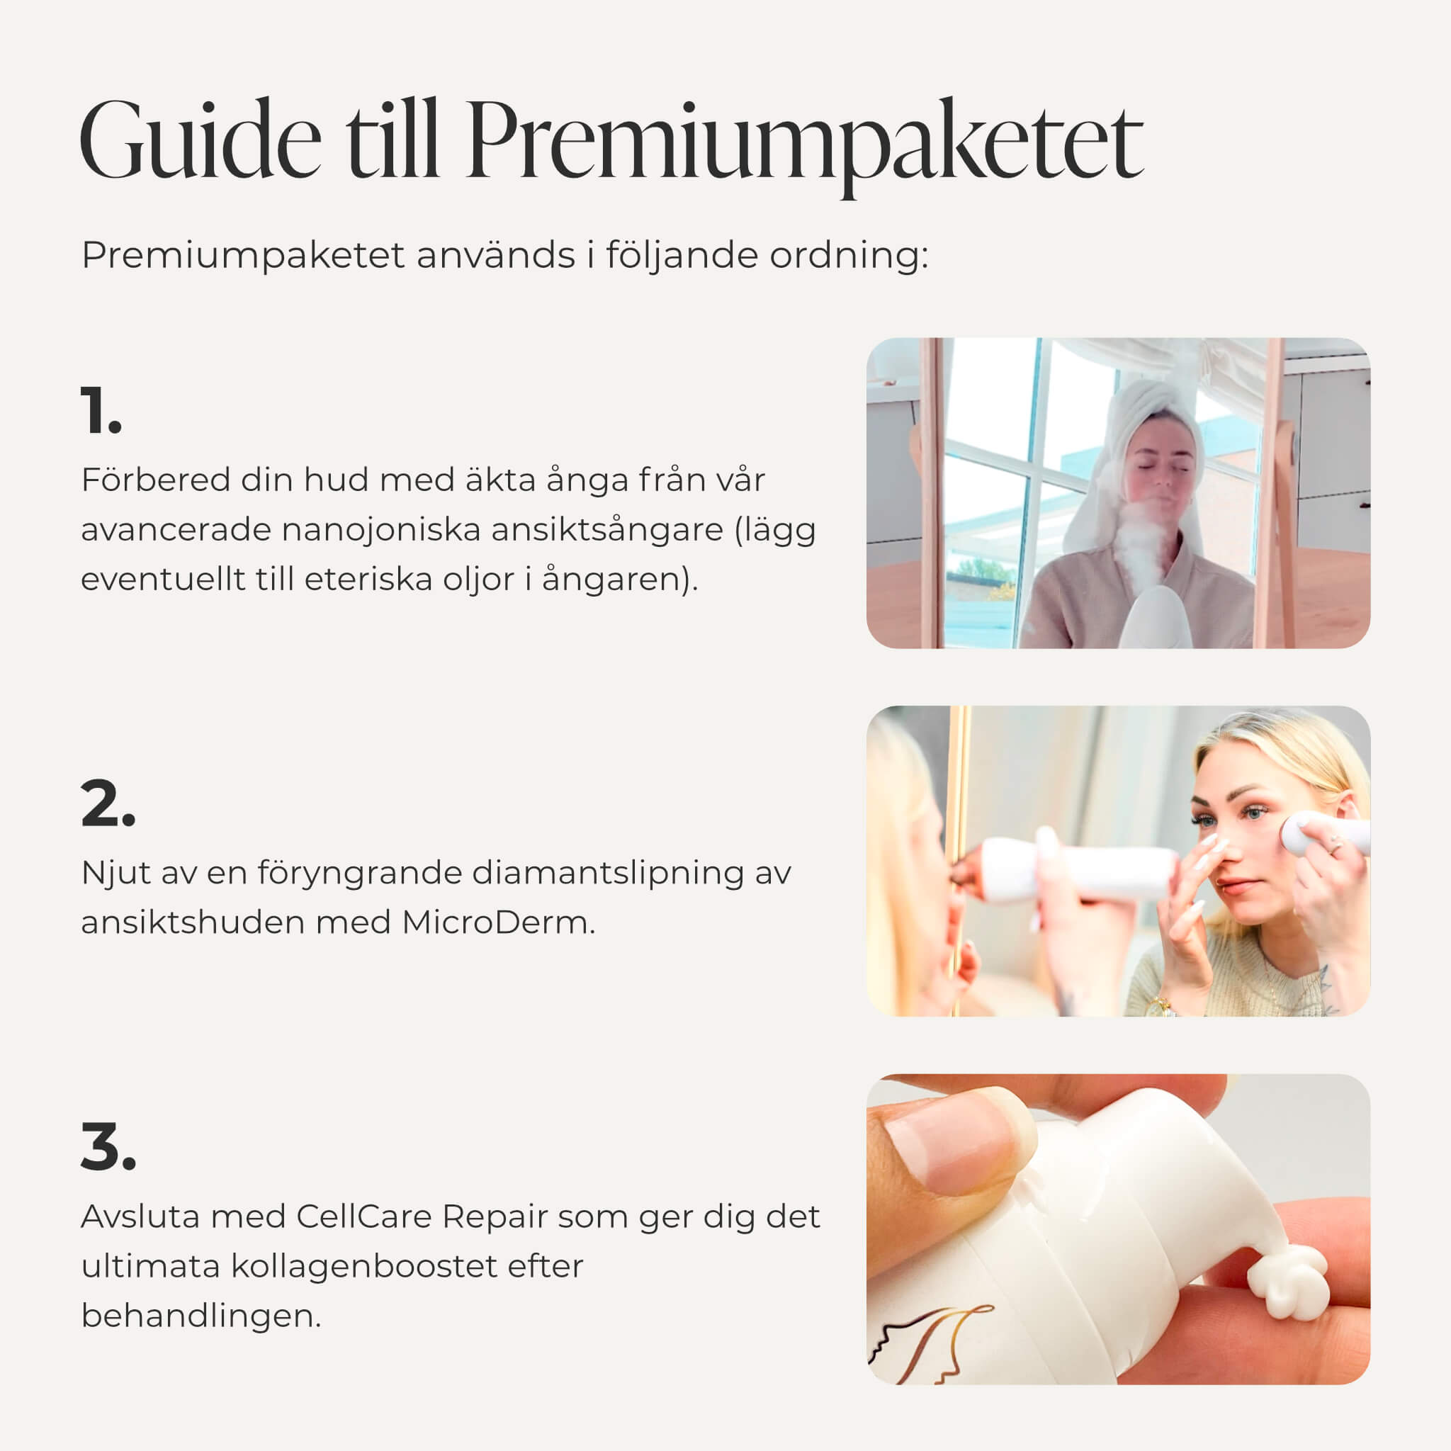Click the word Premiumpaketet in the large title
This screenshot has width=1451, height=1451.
coord(803,147)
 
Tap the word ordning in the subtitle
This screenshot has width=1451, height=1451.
coord(849,256)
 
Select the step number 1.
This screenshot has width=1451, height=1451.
coord(101,410)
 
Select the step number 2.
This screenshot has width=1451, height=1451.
coord(108,803)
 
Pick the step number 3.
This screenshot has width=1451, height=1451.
coord(108,1147)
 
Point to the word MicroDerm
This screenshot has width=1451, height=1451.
coord(498,922)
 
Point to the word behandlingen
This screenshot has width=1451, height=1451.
coord(201,1316)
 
